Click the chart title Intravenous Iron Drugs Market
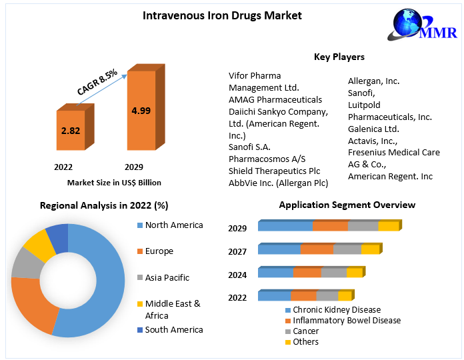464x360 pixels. pyautogui.click(x=213, y=15)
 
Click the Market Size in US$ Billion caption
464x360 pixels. pyautogui.click(x=114, y=182)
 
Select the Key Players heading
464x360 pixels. pyautogui.click(x=339, y=57)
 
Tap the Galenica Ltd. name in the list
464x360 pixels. pyautogui.click(x=373, y=129)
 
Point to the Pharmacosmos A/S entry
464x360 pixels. pyautogui.click(x=267, y=159)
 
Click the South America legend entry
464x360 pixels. pyautogui.click(x=173, y=329)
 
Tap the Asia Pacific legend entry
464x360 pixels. pyautogui.click(x=167, y=277)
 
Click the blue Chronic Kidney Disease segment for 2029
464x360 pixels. pyautogui.click(x=285, y=227)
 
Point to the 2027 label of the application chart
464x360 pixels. pyautogui.click(x=237, y=251)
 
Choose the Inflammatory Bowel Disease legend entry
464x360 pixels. pyautogui.click(x=347, y=321)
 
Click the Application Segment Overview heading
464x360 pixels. pyautogui.click(x=347, y=205)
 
